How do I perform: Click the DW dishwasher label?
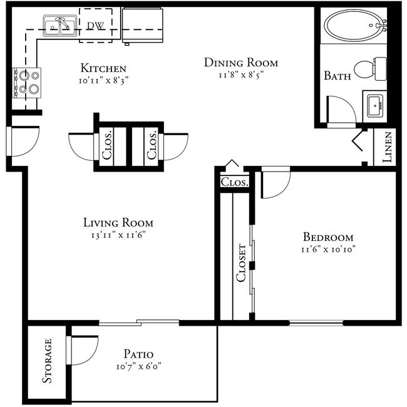pos(95,26)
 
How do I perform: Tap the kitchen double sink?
pos(60,26)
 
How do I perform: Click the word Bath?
pos(336,76)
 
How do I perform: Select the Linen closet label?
pos(387,147)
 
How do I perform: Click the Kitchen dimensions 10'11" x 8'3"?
pos(104,80)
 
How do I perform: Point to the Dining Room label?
pos(241,63)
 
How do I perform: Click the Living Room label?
pos(118,223)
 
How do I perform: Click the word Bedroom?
pos(328,237)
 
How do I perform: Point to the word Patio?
pos(138,354)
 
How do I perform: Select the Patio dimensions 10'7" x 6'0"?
pos(138,366)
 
